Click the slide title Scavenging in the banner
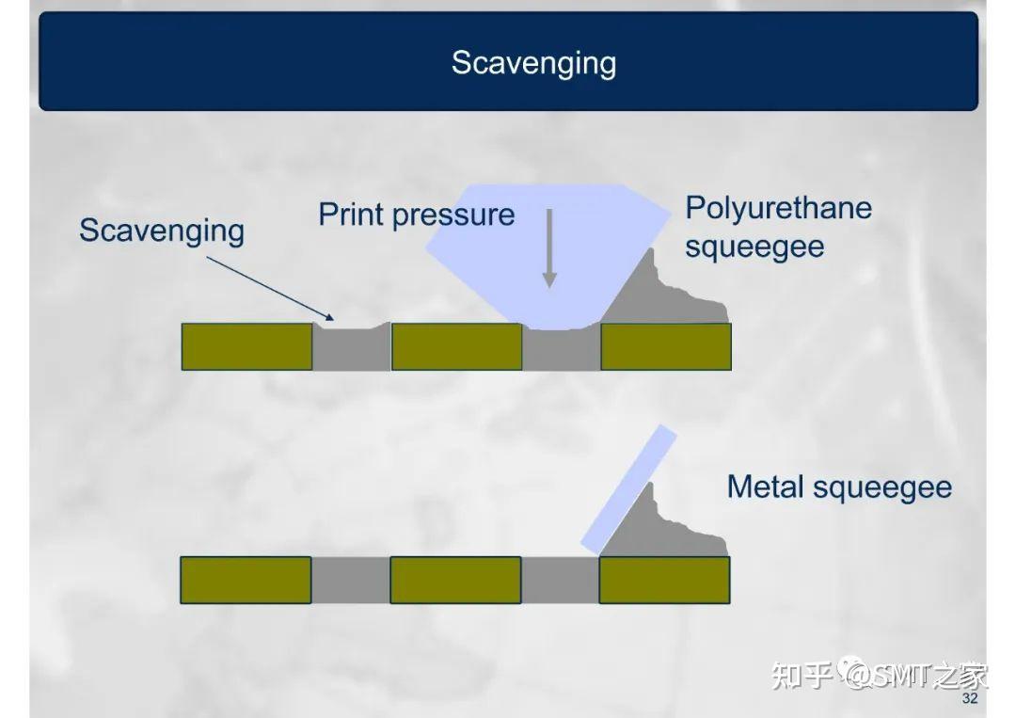(533, 63)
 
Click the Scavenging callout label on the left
(161, 231)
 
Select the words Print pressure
(416, 215)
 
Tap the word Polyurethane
(778, 208)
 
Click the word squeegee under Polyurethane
(754, 247)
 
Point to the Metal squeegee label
(839, 487)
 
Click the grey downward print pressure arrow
(549, 249)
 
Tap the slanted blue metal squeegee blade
(628, 488)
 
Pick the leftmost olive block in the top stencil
(246, 346)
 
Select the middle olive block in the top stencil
(456, 346)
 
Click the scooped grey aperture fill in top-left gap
(351, 348)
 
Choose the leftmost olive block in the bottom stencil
(246, 580)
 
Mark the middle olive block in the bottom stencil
(455, 580)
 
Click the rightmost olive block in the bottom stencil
(664, 580)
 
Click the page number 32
(970, 700)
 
